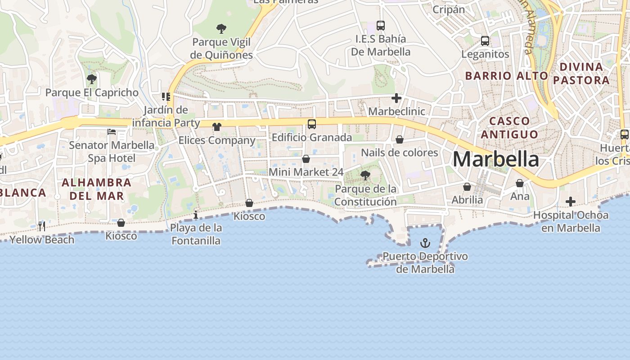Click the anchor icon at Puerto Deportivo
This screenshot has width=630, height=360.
425,243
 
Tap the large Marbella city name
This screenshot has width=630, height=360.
495,159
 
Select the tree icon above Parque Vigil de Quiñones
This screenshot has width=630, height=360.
221,29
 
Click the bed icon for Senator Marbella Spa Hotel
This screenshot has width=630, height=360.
112,132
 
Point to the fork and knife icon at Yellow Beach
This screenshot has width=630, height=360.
41,226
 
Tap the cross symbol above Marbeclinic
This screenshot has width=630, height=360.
396,98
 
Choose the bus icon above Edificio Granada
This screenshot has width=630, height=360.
311,124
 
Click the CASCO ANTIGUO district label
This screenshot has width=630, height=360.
509,127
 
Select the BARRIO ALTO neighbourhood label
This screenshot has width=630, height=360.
506,76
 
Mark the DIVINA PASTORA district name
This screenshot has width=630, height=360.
581,73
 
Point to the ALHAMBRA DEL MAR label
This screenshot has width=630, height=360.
96,189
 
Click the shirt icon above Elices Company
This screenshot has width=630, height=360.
217,127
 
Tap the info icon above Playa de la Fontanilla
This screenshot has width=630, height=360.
196,215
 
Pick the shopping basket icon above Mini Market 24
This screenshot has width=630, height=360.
306,159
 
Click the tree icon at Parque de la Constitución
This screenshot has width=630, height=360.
365,175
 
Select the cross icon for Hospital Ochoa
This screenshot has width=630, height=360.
570,202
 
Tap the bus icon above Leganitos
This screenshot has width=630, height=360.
485,41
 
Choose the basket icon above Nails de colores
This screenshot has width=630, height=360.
399,140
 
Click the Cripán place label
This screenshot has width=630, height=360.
448,9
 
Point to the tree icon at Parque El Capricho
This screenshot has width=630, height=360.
92,80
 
